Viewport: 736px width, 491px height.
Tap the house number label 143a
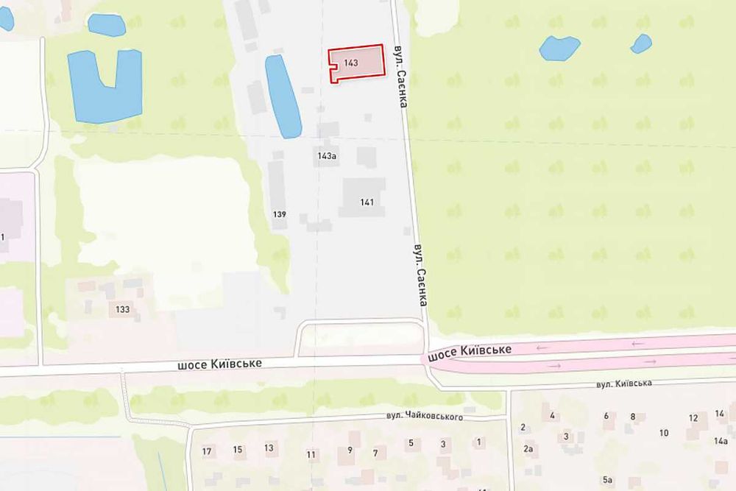tap(327, 155)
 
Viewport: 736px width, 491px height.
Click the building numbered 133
tap(122, 309)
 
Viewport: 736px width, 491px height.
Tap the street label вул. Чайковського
tap(425, 417)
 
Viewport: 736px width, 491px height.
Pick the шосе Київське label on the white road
tap(220, 364)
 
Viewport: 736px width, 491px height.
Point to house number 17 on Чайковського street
tap(207, 451)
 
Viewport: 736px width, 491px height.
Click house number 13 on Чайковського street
tap(269, 448)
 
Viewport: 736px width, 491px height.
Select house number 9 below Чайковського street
tap(350, 451)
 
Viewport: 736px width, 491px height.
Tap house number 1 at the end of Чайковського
tap(479, 442)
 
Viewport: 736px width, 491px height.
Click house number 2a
tap(528, 449)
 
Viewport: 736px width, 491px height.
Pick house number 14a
tap(720, 441)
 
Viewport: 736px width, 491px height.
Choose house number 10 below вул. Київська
tap(664, 433)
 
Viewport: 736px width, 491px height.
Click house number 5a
tap(607, 480)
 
